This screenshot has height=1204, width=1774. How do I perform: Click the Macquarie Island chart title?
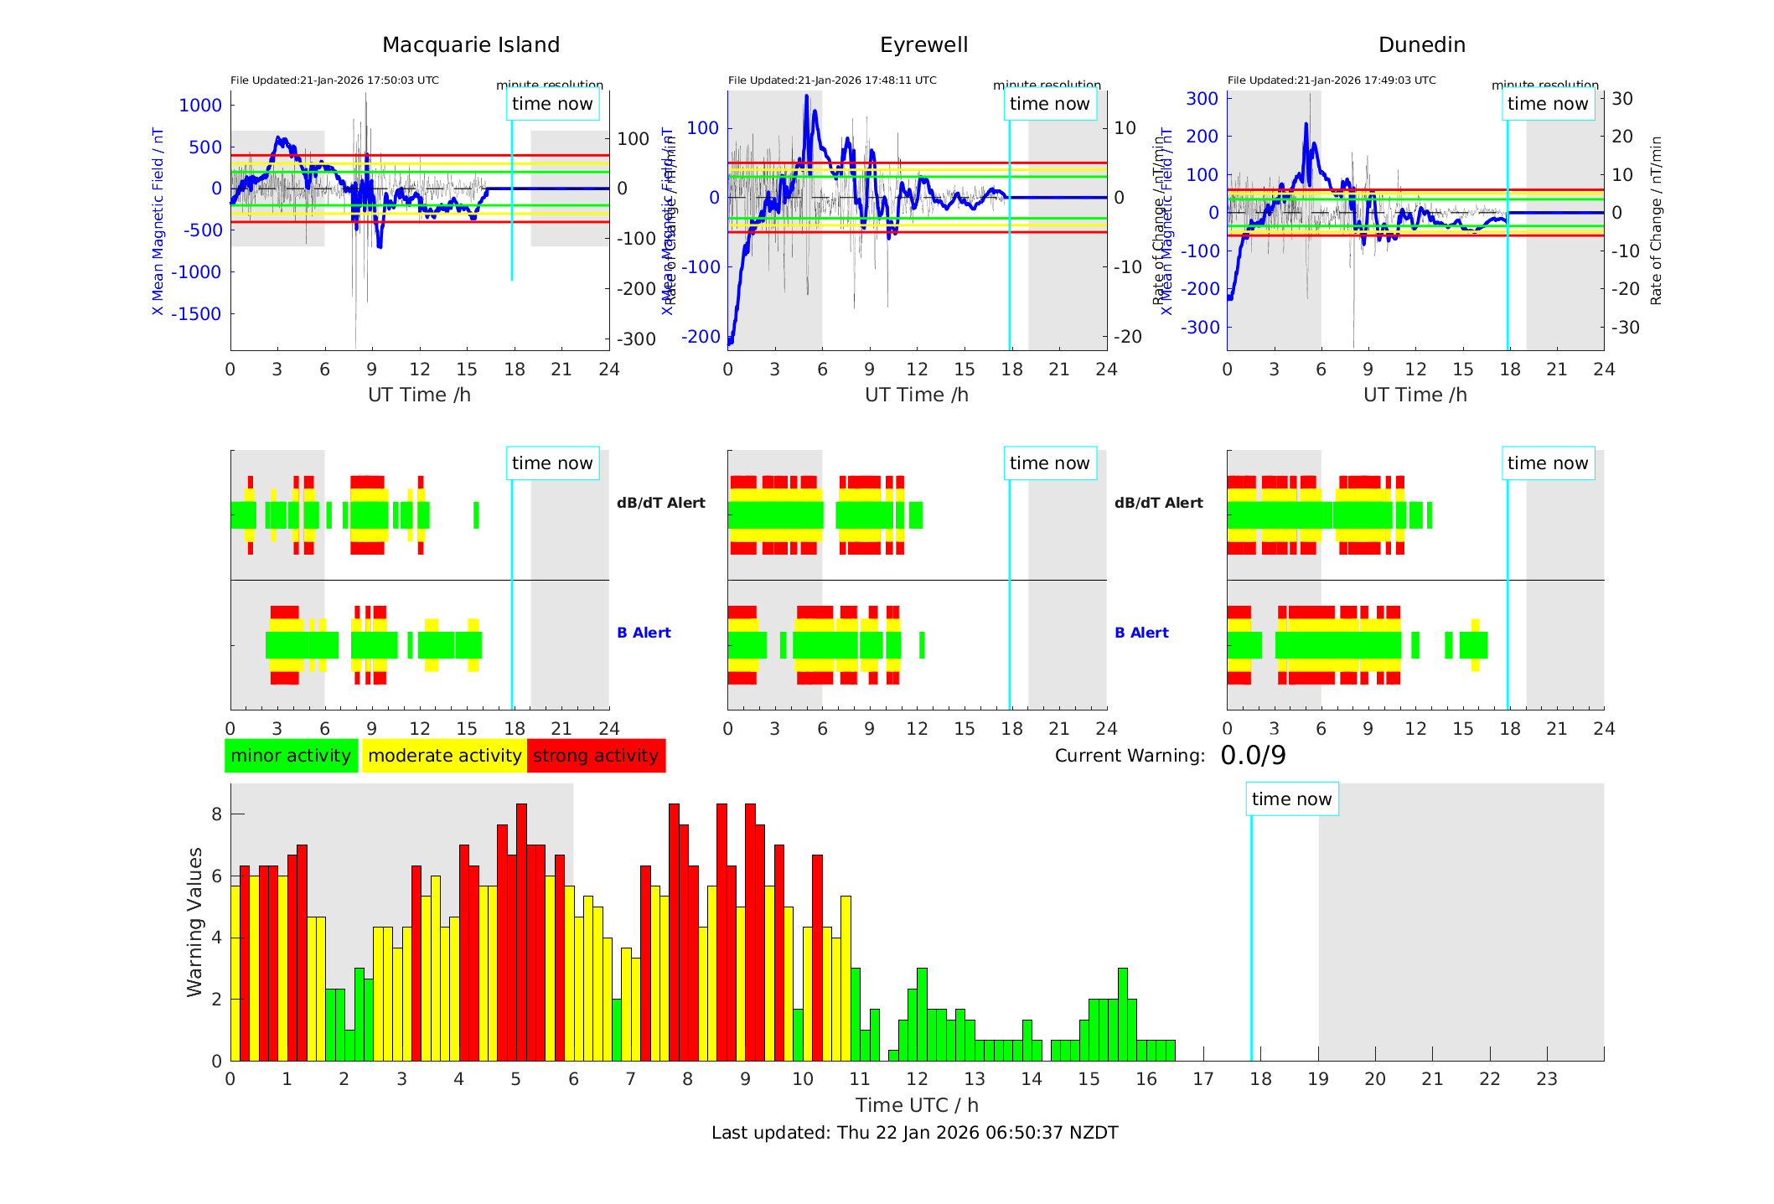[x=471, y=45]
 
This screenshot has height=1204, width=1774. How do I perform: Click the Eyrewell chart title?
[x=923, y=45]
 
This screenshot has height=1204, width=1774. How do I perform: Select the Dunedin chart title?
[x=1421, y=45]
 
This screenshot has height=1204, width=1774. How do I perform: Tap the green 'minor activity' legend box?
[x=291, y=756]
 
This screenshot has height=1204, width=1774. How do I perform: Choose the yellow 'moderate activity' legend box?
[x=444, y=756]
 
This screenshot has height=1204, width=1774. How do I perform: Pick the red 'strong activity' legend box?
[x=596, y=756]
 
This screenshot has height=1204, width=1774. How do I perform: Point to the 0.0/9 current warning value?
[x=1253, y=756]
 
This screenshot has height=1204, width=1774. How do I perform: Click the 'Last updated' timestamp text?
[x=914, y=1133]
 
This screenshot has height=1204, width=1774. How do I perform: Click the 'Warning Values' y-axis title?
[x=195, y=922]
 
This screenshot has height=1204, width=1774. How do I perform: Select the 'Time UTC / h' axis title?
[x=917, y=1105]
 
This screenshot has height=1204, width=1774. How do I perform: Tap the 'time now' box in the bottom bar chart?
[x=1291, y=799]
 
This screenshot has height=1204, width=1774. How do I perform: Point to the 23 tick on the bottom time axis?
[x=1546, y=1079]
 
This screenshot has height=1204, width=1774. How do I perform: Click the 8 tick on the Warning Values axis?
[x=217, y=814]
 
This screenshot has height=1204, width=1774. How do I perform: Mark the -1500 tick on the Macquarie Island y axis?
[x=197, y=314]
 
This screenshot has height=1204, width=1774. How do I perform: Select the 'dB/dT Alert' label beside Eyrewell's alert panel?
[x=1158, y=503]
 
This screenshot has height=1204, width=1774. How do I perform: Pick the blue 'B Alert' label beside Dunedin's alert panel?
[x=1141, y=633]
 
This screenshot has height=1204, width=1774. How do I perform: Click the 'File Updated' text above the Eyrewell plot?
[x=832, y=80]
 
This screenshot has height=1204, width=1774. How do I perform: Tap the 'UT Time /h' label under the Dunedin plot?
[x=1415, y=395]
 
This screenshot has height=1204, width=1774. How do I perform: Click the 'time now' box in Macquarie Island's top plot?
[x=552, y=104]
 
